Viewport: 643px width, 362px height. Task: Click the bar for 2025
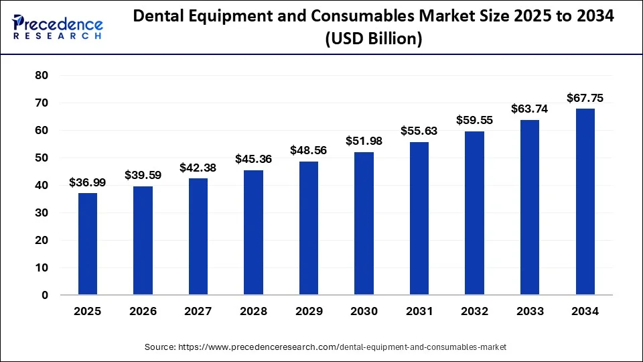point(88,244)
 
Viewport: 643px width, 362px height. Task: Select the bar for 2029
point(308,228)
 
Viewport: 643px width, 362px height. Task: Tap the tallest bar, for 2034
point(585,202)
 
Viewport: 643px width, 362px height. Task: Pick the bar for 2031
point(419,219)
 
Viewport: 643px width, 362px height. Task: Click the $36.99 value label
point(88,182)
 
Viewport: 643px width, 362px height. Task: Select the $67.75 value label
point(585,98)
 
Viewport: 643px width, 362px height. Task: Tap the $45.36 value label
point(253,159)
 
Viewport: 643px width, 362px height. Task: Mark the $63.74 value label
point(529,109)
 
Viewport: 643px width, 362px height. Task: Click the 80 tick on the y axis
point(42,76)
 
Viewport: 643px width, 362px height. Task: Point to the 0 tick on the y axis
point(45,295)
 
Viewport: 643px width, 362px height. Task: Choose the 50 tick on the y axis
point(42,158)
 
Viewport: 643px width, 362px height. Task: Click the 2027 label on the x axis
point(198,312)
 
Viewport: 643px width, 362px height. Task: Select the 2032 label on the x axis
point(474,312)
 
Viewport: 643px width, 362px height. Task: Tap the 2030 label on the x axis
point(364,312)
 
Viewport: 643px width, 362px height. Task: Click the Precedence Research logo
point(58,27)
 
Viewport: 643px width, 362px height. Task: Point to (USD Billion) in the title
point(373,40)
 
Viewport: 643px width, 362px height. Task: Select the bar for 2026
point(143,241)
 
